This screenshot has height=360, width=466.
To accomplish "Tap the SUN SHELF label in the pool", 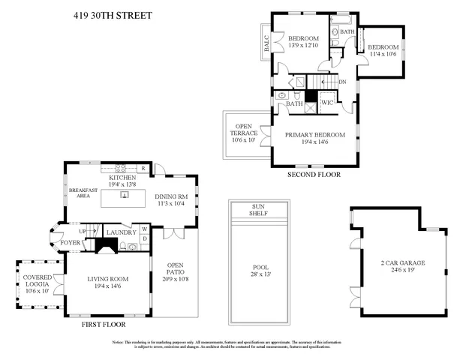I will (x=257, y=209).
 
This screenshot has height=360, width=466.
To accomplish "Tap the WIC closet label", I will (x=327, y=103).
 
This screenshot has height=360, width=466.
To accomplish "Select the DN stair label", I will (x=342, y=82).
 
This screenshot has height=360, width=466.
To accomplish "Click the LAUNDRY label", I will (x=121, y=232).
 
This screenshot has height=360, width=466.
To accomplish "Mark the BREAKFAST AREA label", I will (x=83, y=193).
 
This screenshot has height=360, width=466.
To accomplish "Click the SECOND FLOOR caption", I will (x=314, y=174).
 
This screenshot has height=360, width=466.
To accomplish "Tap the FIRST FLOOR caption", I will (x=104, y=325).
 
